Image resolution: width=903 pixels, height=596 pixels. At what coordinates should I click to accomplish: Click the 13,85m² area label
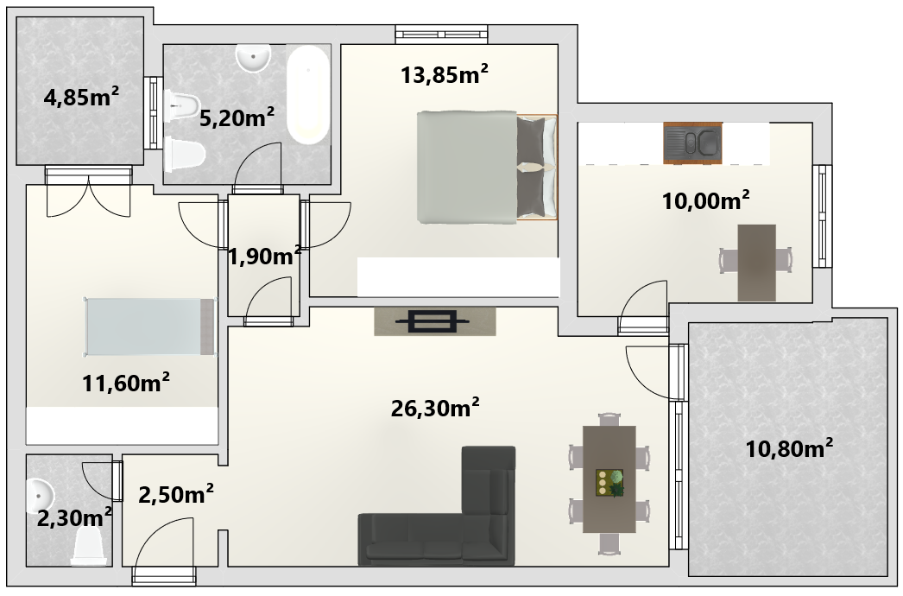click(444, 74)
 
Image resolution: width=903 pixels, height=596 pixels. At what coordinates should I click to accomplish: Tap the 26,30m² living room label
click(435, 408)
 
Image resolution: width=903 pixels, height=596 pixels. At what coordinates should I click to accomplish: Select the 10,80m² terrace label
click(789, 448)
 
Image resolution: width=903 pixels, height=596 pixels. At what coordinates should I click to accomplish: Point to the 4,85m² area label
click(81, 98)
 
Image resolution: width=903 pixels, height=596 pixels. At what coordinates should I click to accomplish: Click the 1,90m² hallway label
click(264, 257)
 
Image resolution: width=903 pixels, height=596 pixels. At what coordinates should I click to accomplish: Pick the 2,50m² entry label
click(175, 494)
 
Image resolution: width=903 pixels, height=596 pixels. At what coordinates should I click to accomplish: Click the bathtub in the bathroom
click(308, 94)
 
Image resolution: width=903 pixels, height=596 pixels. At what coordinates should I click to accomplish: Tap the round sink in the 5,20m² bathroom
click(253, 58)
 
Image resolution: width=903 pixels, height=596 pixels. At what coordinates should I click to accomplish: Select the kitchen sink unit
click(692, 143)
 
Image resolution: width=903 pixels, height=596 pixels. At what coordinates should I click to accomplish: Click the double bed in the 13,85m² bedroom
click(487, 168)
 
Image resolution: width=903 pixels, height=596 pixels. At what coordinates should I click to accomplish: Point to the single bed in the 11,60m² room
click(150, 327)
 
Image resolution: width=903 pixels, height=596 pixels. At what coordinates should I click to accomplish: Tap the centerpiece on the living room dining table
click(609, 483)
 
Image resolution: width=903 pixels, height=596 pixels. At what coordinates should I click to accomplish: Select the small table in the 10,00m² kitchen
click(756, 263)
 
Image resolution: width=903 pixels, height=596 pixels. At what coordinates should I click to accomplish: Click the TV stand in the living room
click(435, 321)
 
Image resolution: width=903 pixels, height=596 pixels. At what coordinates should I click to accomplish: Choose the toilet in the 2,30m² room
click(90, 547)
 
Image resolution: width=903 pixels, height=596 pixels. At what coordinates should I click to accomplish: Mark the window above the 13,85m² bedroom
click(442, 35)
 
